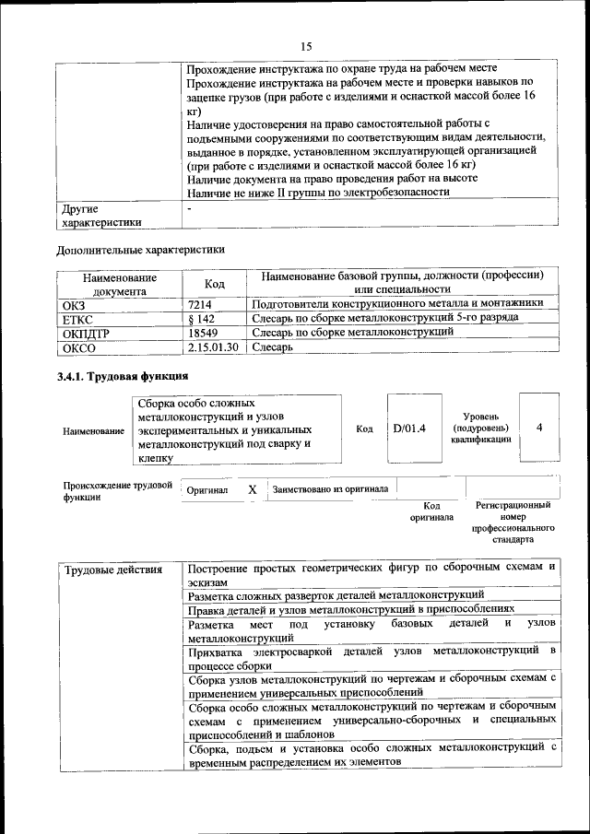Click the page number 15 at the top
[306, 46]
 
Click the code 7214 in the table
[200, 303]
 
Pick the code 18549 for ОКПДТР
[203, 333]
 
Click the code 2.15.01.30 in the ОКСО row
[213, 347]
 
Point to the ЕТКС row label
[78, 318]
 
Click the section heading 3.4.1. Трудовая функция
[123, 377]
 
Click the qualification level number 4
[539, 428]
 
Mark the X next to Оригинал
[252, 489]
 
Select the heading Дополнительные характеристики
[140, 249]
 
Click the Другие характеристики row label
[101, 215]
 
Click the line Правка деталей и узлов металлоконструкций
[356, 610]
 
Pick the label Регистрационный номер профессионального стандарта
[513, 523]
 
